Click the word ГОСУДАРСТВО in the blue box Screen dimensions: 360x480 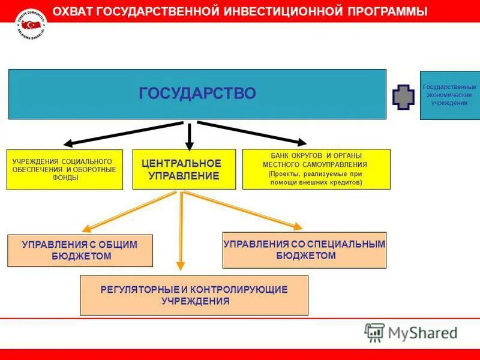(197, 94)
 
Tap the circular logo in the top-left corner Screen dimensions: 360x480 (31, 24)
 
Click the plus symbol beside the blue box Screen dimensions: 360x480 (403, 97)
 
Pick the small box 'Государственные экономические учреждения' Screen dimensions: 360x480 (449, 95)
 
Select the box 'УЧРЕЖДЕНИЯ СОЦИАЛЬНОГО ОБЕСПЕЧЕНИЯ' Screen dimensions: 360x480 (64, 170)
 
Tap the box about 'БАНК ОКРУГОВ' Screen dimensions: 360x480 (316, 169)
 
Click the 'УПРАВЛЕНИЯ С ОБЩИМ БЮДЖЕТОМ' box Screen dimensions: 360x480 (80, 250)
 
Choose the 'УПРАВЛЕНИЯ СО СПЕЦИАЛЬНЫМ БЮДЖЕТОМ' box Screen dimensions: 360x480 (304, 250)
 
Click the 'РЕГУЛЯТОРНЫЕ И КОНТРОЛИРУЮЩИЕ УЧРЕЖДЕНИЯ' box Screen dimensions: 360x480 (194, 295)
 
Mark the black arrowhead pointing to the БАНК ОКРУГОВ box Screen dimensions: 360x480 (300, 142)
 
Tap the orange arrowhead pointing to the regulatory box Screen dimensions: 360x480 (180, 268)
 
